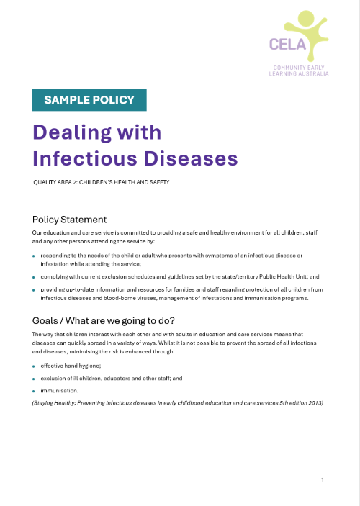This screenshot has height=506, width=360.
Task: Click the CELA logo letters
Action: [x=287, y=45]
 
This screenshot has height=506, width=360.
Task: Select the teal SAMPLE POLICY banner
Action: [x=89, y=100]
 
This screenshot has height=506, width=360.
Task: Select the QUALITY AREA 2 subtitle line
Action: [x=101, y=183]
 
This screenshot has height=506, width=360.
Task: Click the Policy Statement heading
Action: [x=69, y=220]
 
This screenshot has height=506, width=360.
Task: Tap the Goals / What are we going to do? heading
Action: [x=104, y=320]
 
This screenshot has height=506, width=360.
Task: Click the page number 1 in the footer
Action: [x=323, y=479]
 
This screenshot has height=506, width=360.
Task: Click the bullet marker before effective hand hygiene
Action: [x=34, y=366]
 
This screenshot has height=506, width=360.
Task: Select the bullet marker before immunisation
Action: [x=34, y=391]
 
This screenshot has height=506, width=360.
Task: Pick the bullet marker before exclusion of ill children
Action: [x=34, y=379]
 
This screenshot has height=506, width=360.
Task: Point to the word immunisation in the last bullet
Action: [x=59, y=390]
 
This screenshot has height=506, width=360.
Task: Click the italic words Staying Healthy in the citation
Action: [x=53, y=402]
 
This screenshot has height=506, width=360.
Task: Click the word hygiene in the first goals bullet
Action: [x=91, y=366]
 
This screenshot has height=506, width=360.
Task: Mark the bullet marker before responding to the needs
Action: [x=34, y=256]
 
